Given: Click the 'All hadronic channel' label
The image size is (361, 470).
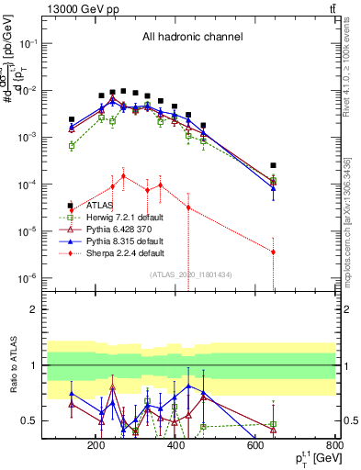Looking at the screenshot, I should click(x=192, y=37).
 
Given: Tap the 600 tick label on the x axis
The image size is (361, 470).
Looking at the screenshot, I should click(x=256, y=447).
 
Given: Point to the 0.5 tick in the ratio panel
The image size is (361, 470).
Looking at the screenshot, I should click(x=55, y=420).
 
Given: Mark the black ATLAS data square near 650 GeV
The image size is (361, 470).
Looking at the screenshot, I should click(x=273, y=165).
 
